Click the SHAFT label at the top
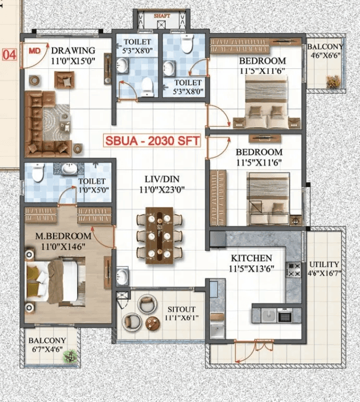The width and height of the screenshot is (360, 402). tap(162, 16)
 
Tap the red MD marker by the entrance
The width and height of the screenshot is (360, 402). tap(34, 51)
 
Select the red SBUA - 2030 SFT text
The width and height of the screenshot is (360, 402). tap(153, 141)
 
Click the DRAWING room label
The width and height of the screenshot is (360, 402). tap(73, 51)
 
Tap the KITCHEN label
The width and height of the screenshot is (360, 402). tap(252, 258)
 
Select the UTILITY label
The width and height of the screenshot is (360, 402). tap(324, 264)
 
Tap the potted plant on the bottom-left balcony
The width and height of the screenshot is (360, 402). tap(70, 357)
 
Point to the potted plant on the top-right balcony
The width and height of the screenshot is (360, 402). tap(333, 81)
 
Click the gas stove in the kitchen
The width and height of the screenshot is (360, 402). tap(293, 270)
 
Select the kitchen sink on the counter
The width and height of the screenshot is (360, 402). tap(269, 314)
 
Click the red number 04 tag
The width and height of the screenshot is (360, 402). tap(9, 54)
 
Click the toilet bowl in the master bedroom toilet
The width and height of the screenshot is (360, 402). tap(38, 173)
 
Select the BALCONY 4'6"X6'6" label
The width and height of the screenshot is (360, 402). tap(326, 50)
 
